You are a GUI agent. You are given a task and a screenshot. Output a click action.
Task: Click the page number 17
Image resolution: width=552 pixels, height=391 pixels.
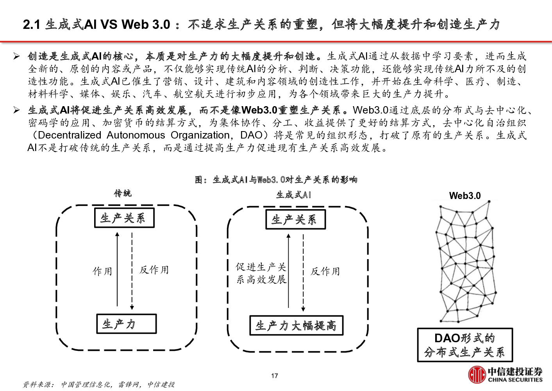tap(275, 376)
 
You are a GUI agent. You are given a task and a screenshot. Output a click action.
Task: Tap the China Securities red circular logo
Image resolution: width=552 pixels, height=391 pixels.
tap(477, 375)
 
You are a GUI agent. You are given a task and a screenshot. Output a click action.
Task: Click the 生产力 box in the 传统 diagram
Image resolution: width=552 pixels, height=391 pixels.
tap(127, 324)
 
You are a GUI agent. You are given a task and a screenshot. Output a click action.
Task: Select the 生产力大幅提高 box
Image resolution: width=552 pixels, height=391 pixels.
tap(297, 325)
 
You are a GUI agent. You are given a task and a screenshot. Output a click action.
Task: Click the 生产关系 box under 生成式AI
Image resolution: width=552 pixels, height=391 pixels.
tap(295, 219)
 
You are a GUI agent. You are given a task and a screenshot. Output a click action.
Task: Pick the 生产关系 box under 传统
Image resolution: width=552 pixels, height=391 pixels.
tap(125, 218)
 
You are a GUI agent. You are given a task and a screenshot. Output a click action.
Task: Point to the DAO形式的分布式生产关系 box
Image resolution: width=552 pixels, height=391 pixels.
tap(465, 345)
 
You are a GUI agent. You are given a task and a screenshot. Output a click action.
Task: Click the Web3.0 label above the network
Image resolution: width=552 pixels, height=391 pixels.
tap(465, 196)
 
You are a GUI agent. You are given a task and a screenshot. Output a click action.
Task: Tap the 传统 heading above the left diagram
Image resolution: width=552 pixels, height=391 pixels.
tap(123, 194)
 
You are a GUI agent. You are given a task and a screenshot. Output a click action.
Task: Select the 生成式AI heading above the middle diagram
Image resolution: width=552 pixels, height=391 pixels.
tap(293, 195)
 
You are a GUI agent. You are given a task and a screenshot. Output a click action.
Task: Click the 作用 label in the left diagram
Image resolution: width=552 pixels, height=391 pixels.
tap(102, 271)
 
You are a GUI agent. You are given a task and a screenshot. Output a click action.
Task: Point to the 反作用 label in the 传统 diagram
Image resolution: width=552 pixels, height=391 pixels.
tap(154, 270)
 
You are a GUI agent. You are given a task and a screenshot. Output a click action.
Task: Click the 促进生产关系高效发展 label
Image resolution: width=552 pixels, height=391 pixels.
tap(261, 273)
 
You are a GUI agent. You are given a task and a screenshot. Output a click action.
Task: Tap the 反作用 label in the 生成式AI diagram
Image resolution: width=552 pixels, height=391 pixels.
tap(325, 271)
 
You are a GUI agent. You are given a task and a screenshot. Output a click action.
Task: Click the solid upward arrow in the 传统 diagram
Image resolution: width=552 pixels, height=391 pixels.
tap(117, 269)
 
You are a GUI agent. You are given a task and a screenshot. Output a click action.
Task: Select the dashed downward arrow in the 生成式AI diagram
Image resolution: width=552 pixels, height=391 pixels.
tap(303, 273)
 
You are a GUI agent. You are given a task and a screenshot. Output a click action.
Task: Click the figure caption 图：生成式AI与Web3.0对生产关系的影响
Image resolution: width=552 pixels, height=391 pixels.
tap(276, 180)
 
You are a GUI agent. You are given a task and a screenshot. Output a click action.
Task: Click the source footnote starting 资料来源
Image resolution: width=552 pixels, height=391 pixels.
tap(99, 384)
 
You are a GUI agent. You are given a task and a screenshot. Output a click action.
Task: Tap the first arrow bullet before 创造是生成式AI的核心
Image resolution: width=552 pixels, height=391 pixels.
tap(16, 56)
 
